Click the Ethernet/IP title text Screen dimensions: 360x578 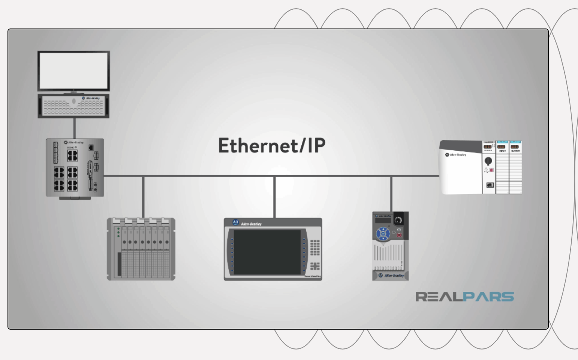click(272, 145)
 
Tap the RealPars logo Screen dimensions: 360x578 click(464, 297)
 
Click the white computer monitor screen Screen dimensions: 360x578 click(73, 70)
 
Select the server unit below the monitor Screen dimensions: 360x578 click(73, 106)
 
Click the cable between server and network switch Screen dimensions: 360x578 click(74, 128)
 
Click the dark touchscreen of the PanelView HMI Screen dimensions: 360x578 click(267, 252)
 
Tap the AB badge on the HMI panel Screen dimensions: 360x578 click(236, 223)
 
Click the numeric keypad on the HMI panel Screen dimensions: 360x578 click(315, 247)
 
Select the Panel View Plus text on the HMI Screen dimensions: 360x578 click(313, 276)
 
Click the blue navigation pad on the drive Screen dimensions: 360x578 click(383, 234)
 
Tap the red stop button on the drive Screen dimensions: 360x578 click(399, 235)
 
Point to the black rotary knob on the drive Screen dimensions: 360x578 click(398, 220)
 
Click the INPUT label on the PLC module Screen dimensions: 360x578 click(502, 151)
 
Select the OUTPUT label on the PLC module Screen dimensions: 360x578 click(515, 151)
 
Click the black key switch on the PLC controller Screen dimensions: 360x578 click(488, 161)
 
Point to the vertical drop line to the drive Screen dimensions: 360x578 click(391, 193)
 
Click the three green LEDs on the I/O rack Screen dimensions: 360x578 click(118, 232)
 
